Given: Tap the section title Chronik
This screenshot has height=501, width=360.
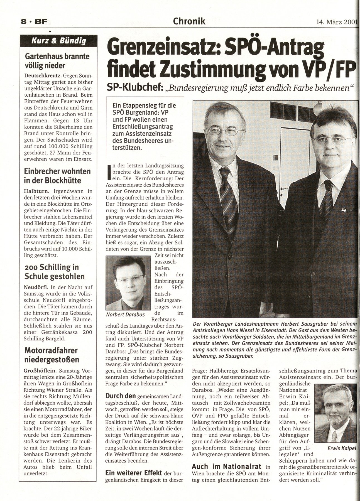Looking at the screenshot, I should tap(189, 21).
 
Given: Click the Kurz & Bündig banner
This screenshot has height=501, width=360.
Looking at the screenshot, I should tap(58, 41).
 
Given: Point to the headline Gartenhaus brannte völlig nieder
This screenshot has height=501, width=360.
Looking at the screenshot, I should tap(57, 61).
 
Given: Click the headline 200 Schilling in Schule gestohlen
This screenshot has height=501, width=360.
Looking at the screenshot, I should tap(55, 272).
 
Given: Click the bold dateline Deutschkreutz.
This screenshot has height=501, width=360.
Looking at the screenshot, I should tap(42, 75).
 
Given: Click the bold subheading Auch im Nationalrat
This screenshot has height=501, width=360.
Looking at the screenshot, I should tap(225, 466).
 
